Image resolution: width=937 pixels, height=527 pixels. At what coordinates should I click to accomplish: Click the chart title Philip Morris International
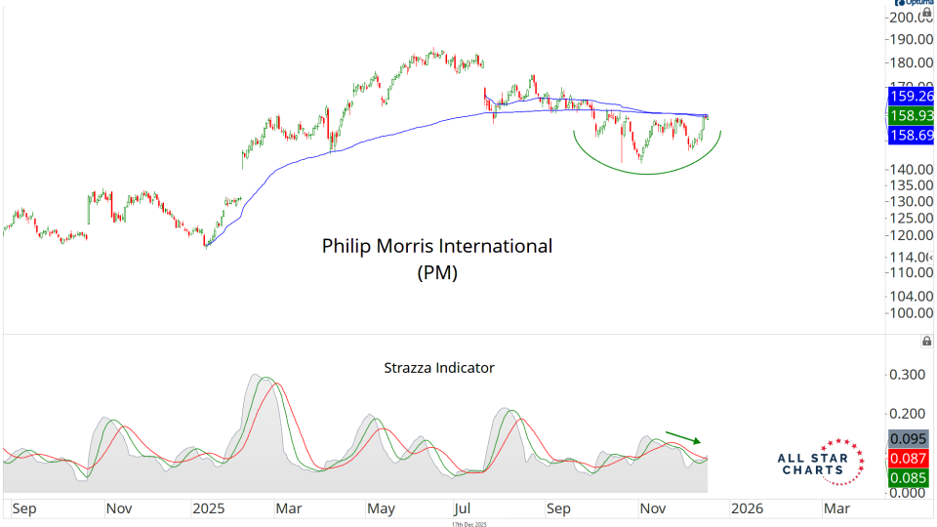pos(437,246)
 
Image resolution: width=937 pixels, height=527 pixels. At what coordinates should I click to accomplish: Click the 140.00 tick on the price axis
pos(910,169)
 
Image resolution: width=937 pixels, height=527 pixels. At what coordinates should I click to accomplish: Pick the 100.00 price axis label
pos(910,312)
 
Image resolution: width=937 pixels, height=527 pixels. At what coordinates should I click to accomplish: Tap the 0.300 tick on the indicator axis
pos(907,375)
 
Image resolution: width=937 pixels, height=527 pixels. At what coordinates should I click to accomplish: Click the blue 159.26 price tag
pos(911,97)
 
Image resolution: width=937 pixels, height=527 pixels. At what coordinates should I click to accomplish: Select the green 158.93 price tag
pos(911,115)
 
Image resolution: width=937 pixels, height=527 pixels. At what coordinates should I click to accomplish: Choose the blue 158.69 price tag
pos(911,135)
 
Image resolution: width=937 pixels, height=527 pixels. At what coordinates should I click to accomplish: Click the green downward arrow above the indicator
pos(683,436)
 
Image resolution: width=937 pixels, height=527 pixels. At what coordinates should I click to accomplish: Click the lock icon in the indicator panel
pos(926,341)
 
